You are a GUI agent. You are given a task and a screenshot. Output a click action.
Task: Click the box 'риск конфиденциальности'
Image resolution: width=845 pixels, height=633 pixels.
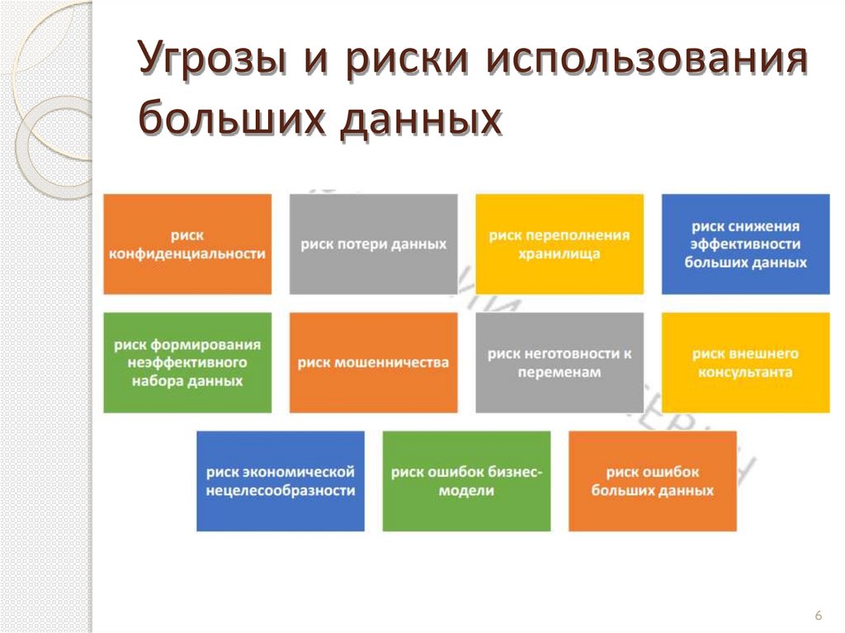coord(187,244)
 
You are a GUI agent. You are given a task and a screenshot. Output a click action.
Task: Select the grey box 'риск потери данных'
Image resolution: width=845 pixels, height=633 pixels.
coord(373,244)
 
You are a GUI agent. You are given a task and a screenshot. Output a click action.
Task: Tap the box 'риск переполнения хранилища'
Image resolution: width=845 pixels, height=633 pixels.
coord(559,244)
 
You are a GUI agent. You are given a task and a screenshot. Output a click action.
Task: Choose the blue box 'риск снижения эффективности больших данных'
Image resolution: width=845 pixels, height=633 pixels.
coord(745,244)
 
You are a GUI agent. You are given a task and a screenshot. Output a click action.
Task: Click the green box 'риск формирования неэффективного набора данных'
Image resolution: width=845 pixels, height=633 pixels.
coord(187,362)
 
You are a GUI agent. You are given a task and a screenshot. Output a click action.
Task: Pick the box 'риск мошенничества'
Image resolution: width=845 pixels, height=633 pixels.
coord(373,362)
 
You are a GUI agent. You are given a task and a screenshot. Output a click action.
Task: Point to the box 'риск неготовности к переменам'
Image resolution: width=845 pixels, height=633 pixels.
coord(559,362)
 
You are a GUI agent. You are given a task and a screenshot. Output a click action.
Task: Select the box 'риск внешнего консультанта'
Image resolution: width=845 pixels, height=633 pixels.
coord(745,362)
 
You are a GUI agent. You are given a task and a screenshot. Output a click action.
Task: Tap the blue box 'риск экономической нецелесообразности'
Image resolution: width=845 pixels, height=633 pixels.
coord(281,481)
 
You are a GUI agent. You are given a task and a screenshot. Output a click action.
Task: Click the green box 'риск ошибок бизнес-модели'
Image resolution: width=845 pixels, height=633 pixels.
coord(466,481)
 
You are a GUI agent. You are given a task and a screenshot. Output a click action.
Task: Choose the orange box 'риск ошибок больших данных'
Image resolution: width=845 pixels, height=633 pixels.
coord(653,481)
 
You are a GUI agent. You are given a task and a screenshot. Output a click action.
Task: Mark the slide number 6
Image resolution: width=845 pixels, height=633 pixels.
coord(818,616)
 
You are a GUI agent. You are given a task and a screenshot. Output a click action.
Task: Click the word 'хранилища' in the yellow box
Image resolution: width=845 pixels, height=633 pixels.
coord(559,254)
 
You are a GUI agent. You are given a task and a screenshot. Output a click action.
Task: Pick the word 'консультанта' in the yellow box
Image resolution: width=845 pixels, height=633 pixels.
coord(745,372)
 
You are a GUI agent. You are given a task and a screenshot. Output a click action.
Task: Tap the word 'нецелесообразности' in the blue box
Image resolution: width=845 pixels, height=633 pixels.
coord(281,490)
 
